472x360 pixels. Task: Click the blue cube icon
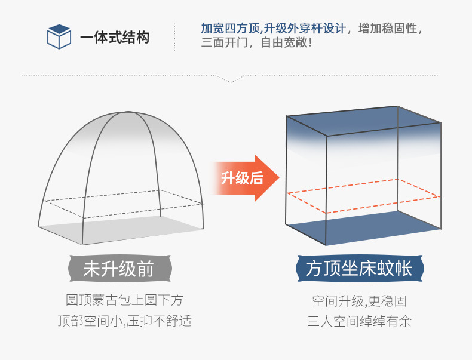59,36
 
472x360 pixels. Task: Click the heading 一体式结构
115,37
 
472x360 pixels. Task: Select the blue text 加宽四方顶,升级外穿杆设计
273,28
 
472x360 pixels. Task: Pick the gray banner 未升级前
118,269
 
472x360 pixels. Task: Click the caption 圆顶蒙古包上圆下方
124,300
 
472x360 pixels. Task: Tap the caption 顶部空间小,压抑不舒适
124,321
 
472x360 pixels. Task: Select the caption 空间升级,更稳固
359,300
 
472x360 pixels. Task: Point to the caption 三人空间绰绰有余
359,321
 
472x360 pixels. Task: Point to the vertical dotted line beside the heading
174,37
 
